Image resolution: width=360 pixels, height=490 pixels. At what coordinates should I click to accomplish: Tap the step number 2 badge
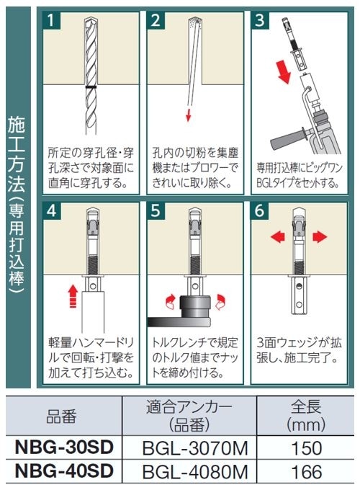156,21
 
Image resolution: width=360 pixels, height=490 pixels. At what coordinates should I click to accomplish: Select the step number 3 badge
260,21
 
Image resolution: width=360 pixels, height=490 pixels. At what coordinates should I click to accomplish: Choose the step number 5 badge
156,210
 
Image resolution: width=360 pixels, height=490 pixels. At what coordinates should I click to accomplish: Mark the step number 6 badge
260,210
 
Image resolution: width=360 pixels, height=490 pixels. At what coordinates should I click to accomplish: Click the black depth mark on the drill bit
91,87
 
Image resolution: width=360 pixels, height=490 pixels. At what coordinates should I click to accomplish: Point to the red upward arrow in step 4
73,296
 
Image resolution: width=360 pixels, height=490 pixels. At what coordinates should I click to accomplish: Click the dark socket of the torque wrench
196,307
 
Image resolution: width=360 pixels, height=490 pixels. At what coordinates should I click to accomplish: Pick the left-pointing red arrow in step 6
278,236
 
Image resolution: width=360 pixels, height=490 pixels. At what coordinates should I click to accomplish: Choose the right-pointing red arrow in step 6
320,236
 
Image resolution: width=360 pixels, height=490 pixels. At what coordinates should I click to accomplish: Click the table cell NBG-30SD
64,447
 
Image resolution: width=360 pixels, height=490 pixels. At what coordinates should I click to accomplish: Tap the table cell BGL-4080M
195,471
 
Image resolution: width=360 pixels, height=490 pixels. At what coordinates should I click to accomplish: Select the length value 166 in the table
306,471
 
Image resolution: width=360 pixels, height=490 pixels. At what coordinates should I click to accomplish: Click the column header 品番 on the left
61,416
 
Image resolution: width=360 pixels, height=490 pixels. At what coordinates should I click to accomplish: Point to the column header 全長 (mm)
306,416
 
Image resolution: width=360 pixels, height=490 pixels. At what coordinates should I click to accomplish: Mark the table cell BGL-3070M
195,447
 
